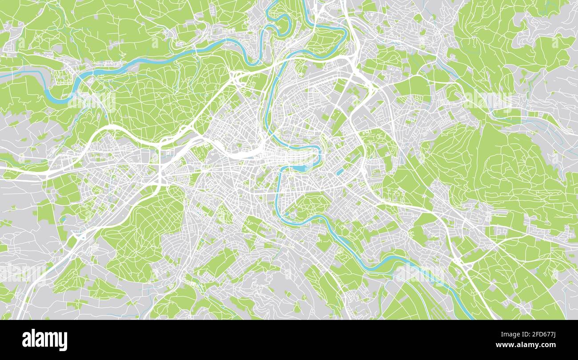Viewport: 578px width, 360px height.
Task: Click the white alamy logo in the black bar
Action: pyautogui.click(x=44, y=340)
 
